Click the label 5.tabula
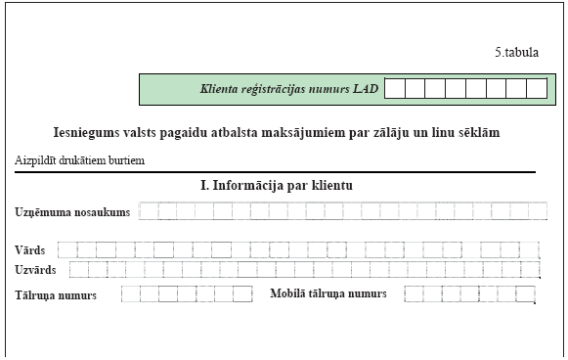click(x=516, y=53)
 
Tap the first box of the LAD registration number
click(x=394, y=89)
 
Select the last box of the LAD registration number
click(x=537, y=89)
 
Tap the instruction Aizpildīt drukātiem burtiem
click(x=80, y=159)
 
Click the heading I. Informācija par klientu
click(x=276, y=185)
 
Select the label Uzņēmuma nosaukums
click(x=71, y=212)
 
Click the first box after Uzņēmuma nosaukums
click(x=149, y=211)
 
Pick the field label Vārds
click(x=29, y=250)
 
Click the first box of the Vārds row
click(x=66, y=249)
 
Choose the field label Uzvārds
click(x=35, y=269)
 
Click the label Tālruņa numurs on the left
click(x=55, y=294)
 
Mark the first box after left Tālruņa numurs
click(x=129, y=293)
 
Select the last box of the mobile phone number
click(x=527, y=293)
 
